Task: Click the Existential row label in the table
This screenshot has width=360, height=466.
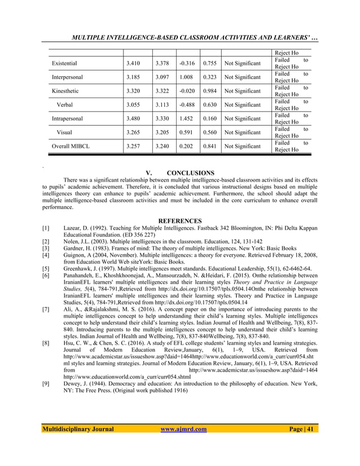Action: (x=64, y=63)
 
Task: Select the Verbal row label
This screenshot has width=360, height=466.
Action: (x=64, y=104)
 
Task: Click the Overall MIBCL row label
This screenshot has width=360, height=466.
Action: (x=71, y=146)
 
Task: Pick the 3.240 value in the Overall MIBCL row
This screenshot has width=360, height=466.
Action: (x=162, y=146)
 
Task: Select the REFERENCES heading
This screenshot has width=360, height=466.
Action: (x=180, y=221)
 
